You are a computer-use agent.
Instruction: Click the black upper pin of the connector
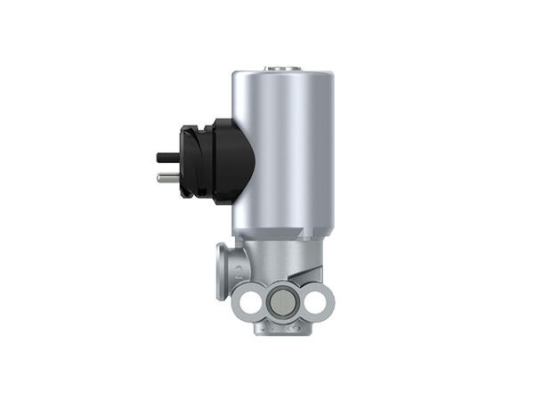167,158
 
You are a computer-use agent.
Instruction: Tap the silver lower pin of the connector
167,177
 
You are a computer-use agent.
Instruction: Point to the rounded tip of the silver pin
159,177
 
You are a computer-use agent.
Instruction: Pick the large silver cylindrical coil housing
283,151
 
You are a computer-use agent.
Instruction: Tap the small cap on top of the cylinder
283,67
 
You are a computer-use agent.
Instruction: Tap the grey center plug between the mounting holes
283,304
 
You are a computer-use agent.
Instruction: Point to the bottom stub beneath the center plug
283,328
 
